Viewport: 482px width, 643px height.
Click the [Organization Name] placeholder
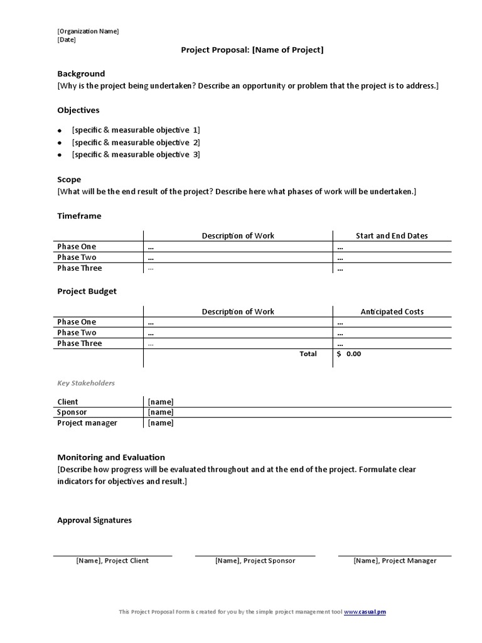88,31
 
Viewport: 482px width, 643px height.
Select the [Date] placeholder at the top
67,40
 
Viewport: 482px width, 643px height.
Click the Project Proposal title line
252,50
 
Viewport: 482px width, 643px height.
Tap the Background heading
81,73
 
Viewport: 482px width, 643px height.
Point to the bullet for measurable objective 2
60,143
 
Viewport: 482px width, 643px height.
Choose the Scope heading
69,180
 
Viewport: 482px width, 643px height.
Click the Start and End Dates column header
392,236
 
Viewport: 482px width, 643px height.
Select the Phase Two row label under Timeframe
77,257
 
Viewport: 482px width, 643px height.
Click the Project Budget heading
87,291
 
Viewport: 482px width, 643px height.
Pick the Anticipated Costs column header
392,311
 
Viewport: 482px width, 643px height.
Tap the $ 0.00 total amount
349,354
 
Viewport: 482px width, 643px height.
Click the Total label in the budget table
308,354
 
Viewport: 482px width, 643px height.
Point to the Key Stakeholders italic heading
86,383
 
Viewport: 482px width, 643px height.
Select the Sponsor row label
72,413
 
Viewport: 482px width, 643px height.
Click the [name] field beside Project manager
161,423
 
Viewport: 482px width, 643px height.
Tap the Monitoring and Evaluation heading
111,457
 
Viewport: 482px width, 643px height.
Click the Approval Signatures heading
94,521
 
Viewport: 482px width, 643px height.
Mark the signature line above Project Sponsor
255,556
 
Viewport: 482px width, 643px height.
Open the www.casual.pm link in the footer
365,612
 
